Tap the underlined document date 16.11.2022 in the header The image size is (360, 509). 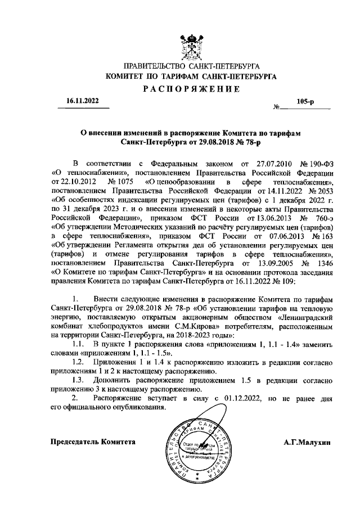click(82, 101)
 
